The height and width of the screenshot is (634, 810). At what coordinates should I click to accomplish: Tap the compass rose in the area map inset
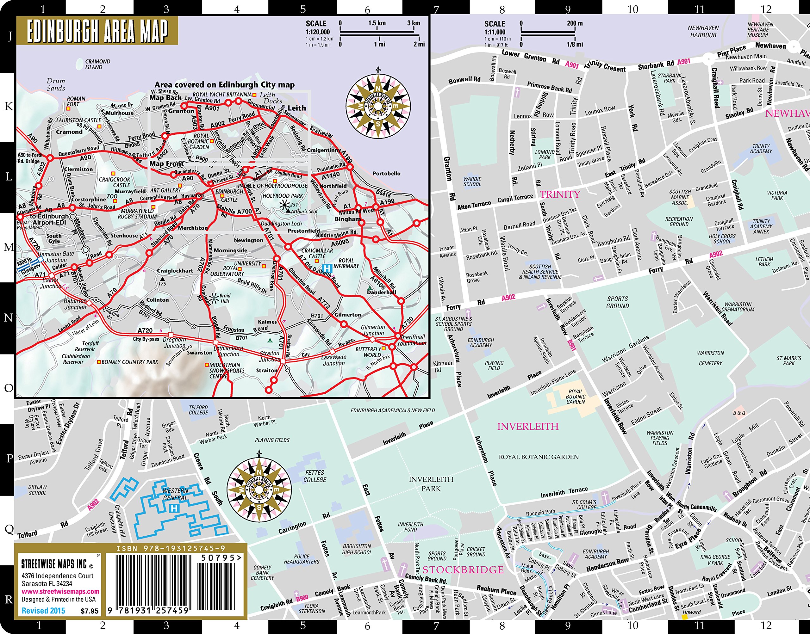click(378, 106)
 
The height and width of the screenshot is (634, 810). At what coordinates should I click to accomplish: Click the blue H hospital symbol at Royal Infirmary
click(327, 268)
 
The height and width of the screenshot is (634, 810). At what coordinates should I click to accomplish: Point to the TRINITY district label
click(560, 194)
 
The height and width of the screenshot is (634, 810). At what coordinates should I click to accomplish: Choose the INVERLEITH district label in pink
click(528, 427)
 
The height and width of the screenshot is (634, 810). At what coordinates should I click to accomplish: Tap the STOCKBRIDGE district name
click(463, 570)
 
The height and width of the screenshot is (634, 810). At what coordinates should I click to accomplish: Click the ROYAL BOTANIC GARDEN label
click(539, 457)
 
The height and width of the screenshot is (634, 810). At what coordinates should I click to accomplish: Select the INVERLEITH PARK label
click(431, 484)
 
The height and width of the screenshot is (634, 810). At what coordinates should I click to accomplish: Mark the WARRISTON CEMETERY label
click(710, 358)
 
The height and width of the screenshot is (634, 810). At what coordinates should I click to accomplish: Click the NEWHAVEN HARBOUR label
click(703, 32)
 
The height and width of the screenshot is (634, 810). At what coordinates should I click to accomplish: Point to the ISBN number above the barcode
click(171, 549)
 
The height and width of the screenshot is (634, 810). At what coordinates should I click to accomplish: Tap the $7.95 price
click(90, 611)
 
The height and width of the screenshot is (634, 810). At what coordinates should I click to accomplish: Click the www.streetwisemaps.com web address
click(60, 592)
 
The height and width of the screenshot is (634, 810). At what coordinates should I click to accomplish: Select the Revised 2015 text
click(43, 611)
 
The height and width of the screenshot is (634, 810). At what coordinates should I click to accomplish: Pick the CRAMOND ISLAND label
click(97, 64)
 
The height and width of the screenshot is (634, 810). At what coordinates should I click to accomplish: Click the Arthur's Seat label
click(304, 212)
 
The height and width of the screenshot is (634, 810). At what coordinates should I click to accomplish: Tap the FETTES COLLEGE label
click(315, 476)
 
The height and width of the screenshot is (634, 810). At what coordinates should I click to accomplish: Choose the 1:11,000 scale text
click(494, 32)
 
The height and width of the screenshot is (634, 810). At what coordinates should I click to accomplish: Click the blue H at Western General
click(174, 508)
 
